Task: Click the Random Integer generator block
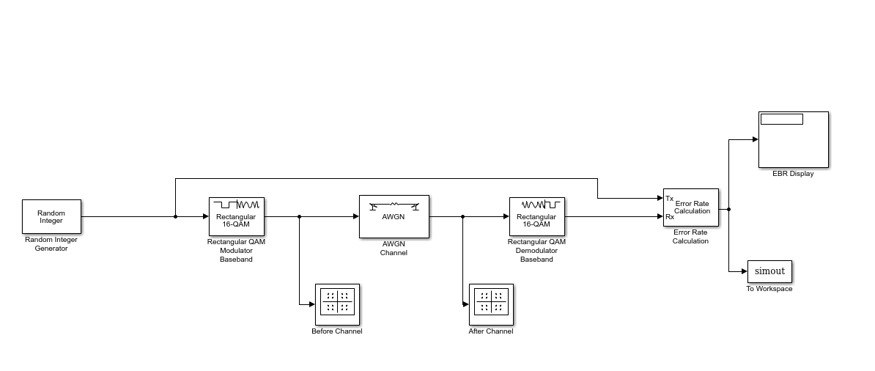click(x=51, y=216)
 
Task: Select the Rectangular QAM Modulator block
click(x=236, y=216)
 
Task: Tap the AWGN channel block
click(x=394, y=216)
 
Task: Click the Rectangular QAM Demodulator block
click(x=536, y=216)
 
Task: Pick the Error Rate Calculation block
click(x=691, y=207)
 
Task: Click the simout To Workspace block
click(x=769, y=271)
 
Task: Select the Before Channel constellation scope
click(x=337, y=304)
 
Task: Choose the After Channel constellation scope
click(x=491, y=304)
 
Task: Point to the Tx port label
click(x=669, y=199)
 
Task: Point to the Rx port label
click(x=669, y=217)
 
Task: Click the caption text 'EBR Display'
click(x=793, y=174)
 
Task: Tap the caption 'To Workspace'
click(x=769, y=289)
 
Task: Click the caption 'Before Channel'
click(x=337, y=331)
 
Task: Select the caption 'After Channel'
click(x=491, y=331)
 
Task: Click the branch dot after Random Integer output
click(x=175, y=216)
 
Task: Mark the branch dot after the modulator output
click(x=300, y=216)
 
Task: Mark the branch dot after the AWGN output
click(x=462, y=216)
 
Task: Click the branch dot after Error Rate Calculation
click(x=728, y=209)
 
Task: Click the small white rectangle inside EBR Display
click(x=781, y=119)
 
